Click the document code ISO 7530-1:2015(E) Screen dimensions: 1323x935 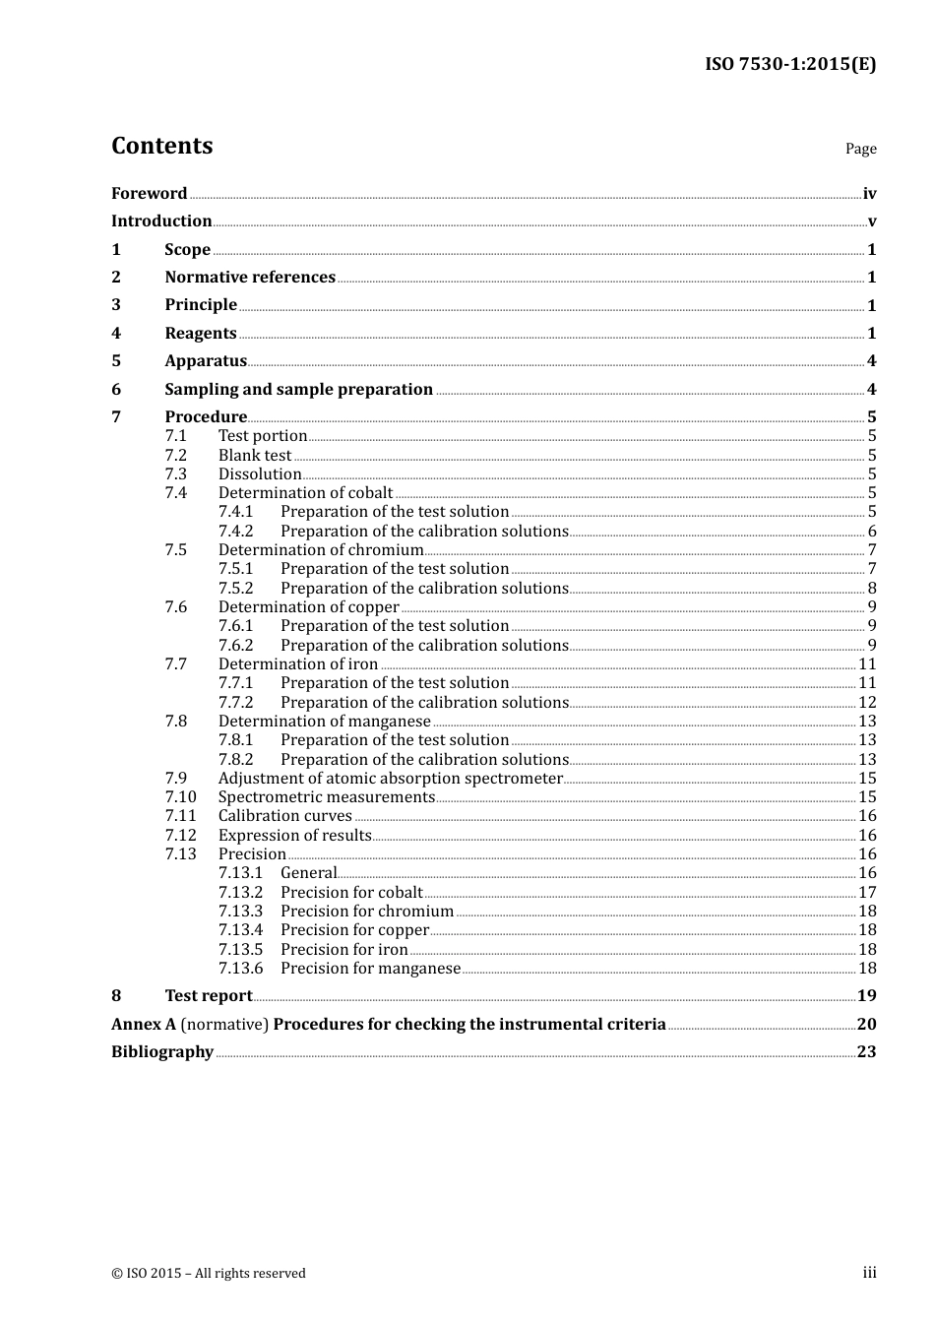789,64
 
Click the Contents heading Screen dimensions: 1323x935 161,146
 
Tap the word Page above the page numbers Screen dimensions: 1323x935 860,149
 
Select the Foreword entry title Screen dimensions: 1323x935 149,194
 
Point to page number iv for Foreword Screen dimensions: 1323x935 869,194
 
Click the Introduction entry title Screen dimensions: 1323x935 161,221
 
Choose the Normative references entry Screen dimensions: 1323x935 250,278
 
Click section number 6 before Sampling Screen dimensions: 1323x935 116,390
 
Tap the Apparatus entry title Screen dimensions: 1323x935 206,361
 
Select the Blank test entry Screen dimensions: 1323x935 255,456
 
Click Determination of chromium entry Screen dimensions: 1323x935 321,550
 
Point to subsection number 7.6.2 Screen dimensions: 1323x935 236,646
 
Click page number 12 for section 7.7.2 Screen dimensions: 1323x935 867,703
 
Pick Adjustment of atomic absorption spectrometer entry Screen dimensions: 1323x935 390,779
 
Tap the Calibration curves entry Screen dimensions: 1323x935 284,816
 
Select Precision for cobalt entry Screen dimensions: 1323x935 351,893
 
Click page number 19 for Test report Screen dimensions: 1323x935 866,996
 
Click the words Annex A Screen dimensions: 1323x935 144,1025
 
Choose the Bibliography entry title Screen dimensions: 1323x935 162,1052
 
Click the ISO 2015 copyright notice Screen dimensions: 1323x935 209,1274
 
